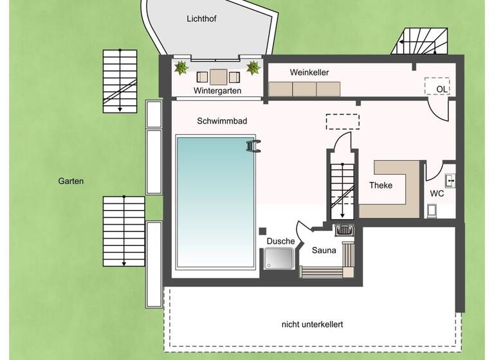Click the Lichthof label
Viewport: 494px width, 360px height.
click(x=202, y=19)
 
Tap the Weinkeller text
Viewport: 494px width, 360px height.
click(x=309, y=73)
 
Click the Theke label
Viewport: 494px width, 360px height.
click(x=380, y=185)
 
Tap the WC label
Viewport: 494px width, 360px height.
click(x=437, y=194)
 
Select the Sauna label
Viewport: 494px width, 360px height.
click(x=324, y=250)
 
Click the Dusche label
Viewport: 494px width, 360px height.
click(x=280, y=241)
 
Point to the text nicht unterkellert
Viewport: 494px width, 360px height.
click(x=312, y=325)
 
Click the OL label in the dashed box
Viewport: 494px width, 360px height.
click(x=442, y=89)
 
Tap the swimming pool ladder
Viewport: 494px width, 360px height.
click(x=253, y=147)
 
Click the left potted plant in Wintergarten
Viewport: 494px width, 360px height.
click(x=182, y=67)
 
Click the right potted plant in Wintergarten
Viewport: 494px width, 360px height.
click(x=253, y=67)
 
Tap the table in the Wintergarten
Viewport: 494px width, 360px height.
click(x=218, y=77)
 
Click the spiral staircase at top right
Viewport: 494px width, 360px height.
click(x=422, y=42)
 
